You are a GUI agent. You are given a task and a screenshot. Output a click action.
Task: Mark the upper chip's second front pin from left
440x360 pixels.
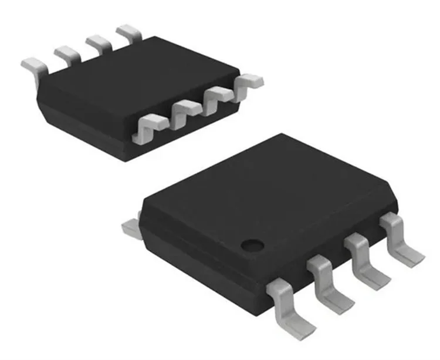pos(183,111)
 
